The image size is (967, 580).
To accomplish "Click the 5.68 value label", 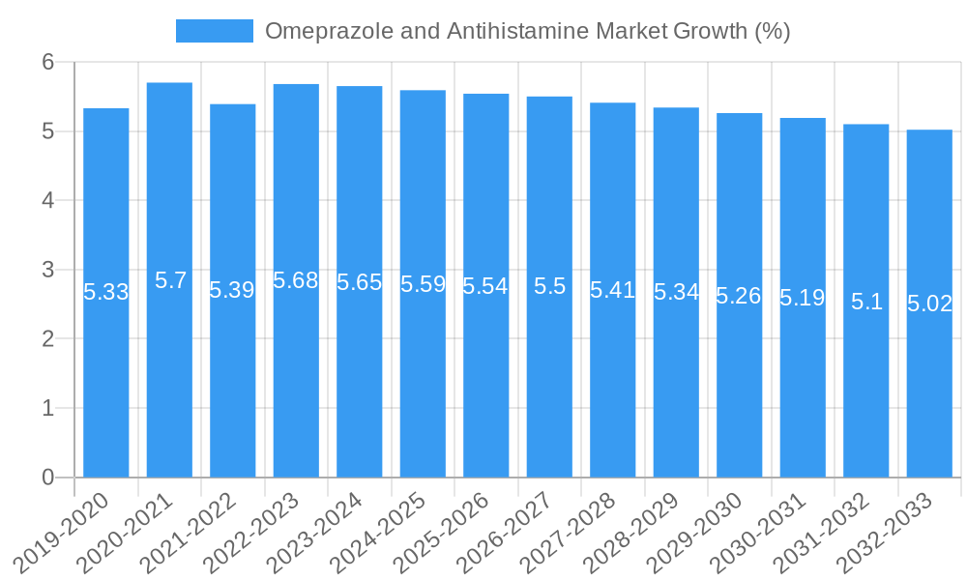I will pyautogui.click(x=296, y=280).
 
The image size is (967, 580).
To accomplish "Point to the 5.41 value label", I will pyautogui.click(x=612, y=289).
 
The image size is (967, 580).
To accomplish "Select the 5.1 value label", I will pyautogui.click(x=866, y=302).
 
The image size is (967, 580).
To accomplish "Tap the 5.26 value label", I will pyautogui.click(x=739, y=296).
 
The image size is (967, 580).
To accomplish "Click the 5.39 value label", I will pyautogui.click(x=232, y=290).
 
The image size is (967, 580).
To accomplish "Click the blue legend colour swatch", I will pyautogui.click(x=214, y=31).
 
